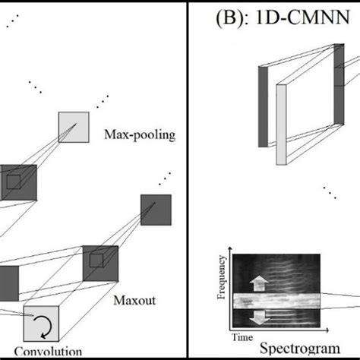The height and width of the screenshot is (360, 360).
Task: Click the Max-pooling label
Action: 140,136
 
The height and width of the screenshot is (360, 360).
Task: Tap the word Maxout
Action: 136,300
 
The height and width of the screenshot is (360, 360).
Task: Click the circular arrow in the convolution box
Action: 39,327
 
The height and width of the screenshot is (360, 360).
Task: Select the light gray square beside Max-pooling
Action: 74,127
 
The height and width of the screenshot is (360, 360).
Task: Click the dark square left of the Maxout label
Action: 100,263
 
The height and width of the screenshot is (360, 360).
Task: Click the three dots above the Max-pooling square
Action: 102,99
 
